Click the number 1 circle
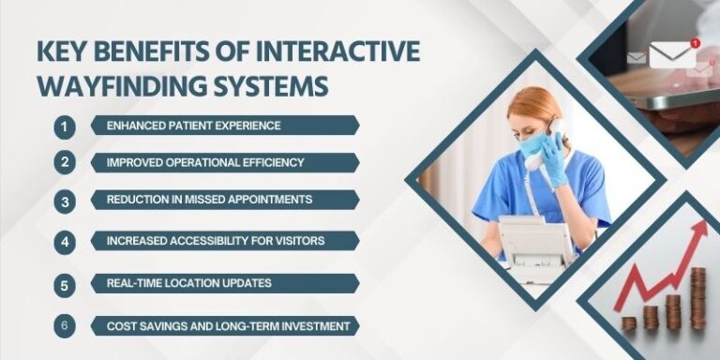coord(65,125)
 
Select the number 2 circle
coord(65,162)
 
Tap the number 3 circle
coord(65,201)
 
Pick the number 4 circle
coord(65,241)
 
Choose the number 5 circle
coord(65,283)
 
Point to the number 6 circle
coord(65,326)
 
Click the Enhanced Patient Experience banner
coord(224,125)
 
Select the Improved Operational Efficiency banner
coord(224,162)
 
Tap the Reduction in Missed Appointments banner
coord(224,200)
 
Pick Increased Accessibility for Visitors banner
coord(224,241)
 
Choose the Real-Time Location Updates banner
coord(224,283)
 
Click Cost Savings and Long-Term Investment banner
coord(224,326)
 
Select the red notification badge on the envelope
coord(695,43)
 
